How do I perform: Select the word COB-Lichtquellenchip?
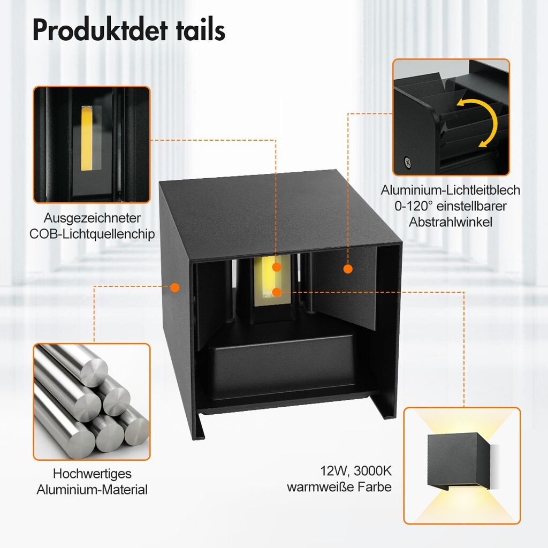[92, 234]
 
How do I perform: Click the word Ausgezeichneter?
[92, 218]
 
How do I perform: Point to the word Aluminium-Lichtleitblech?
[450, 190]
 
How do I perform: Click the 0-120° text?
[414, 206]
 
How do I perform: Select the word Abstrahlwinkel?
[451, 222]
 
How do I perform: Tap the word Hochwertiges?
[92, 474]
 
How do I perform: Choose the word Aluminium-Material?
[92, 489]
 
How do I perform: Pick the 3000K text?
[372, 470]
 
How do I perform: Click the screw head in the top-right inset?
[407, 162]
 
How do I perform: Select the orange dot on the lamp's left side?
[175, 287]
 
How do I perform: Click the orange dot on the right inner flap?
[348, 269]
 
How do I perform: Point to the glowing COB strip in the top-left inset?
[87, 139]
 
